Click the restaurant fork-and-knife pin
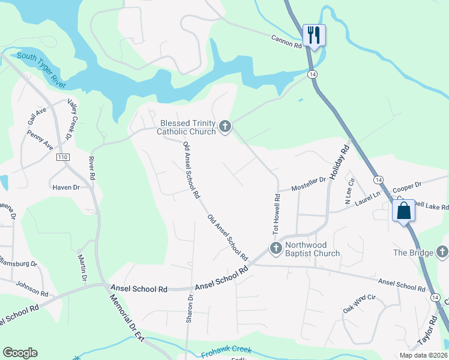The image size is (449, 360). pos(314,35)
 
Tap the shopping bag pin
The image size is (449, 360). pos(403,211)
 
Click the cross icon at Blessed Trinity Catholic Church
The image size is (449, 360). pos(225,126)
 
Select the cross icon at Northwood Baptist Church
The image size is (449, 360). pos(276,248)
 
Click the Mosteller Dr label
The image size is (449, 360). pos(308,184)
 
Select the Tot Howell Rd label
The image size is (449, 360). pos(277,214)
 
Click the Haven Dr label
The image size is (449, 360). pos(66,188)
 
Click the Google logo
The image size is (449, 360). pos(20,353)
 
